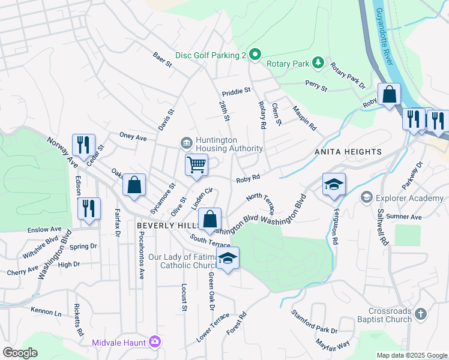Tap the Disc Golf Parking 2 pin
[255, 55]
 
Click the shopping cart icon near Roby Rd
[196, 164]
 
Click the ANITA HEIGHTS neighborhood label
[348, 152]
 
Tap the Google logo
[20, 353]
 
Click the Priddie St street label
[236, 91]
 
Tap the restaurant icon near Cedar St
[83, 145]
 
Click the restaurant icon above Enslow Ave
[89, 209]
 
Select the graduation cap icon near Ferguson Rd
[334, 184]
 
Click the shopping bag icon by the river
[389, 94]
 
